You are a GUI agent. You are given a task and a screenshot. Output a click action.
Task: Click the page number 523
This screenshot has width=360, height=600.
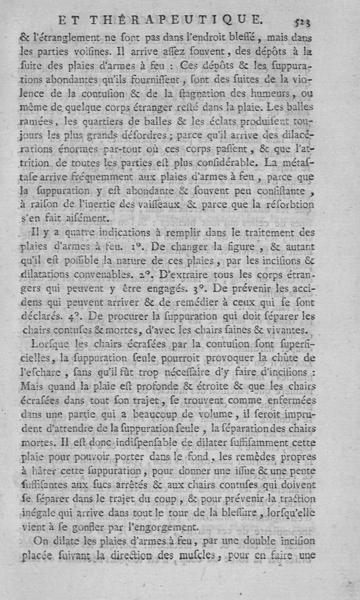(304, 19)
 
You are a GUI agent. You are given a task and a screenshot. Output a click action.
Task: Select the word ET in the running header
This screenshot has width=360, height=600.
(70, 19)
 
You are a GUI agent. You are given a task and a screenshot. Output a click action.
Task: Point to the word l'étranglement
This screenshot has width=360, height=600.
(65, 39)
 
